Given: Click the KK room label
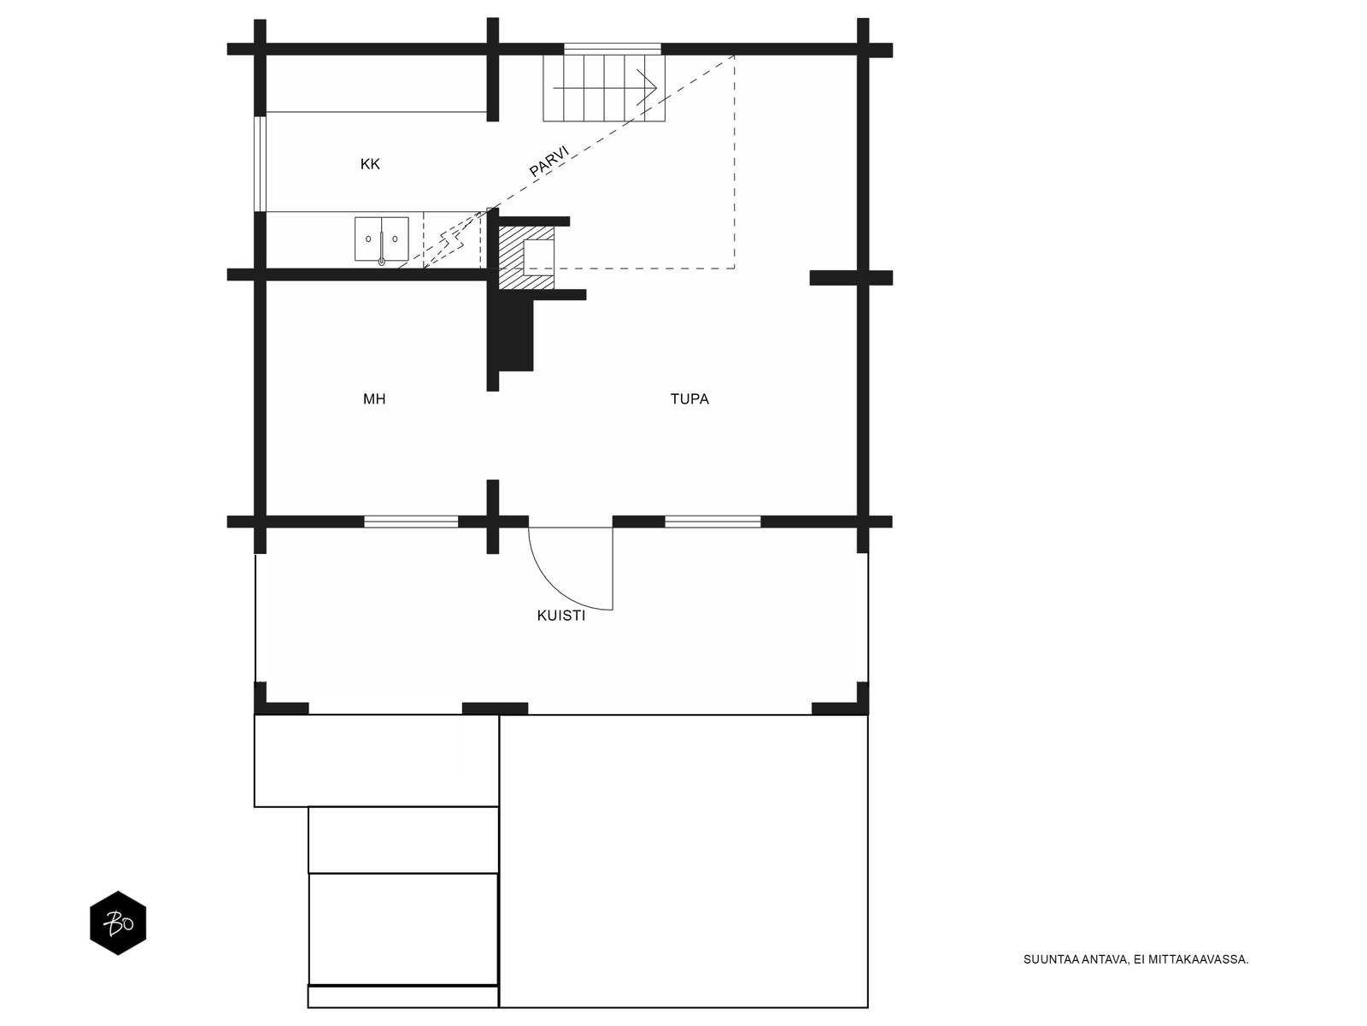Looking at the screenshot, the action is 370,164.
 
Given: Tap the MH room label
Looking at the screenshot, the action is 374,398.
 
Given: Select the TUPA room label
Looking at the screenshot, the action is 689,398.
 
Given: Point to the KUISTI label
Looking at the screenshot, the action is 561,616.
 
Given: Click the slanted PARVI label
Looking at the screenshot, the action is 549,162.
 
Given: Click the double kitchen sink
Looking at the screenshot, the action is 382,239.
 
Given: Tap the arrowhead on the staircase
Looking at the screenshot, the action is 648,88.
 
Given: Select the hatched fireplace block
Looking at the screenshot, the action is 526,257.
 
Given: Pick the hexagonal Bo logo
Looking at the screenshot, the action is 118,923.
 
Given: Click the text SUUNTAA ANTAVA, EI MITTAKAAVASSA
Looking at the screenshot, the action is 1136,959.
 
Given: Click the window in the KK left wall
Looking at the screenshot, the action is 261,163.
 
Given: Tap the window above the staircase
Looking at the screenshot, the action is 613,50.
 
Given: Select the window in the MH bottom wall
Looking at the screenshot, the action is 411,522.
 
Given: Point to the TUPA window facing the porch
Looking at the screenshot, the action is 713,522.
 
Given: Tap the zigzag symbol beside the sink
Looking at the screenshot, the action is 453,239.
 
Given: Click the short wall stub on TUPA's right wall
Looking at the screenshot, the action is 835,278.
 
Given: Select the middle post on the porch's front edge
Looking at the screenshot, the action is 495,708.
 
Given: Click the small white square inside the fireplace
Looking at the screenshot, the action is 539,257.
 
